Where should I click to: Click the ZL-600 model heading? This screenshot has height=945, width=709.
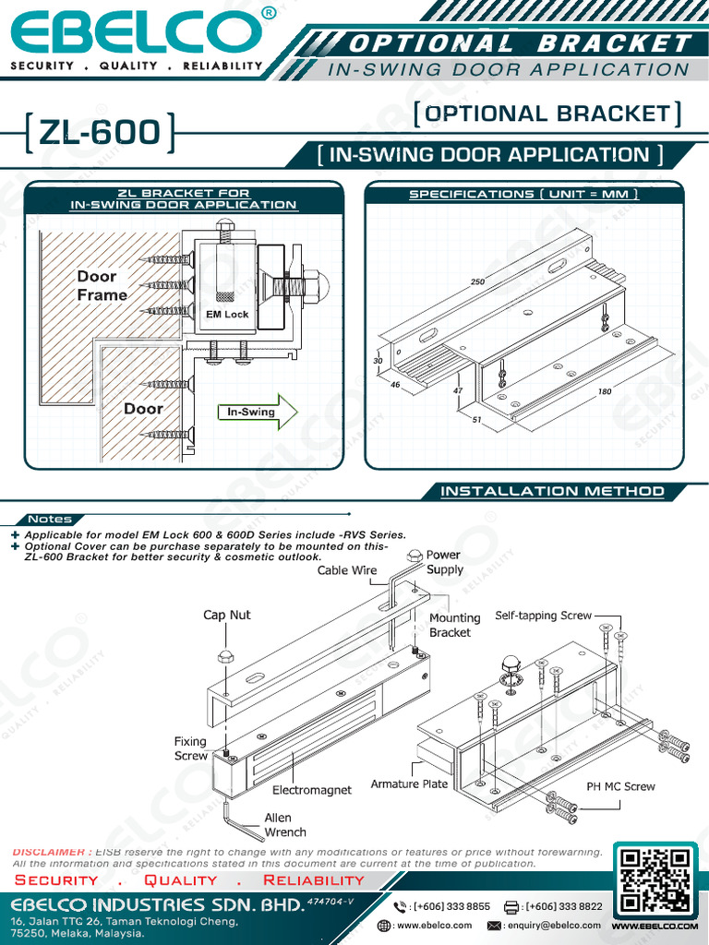coord(99,133)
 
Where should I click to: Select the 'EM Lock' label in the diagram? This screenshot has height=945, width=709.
coord(227,315)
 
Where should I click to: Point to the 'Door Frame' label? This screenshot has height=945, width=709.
coord(102,285)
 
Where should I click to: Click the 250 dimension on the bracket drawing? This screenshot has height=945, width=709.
coord(477,281)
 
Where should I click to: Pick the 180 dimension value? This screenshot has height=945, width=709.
coord(605,391)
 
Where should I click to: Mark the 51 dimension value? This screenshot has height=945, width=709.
coord(476,420)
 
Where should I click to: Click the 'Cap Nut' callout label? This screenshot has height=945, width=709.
coord(226,615)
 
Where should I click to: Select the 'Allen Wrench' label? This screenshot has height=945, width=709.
coord(278,825)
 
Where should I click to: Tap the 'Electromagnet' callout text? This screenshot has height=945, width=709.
coord(312,790)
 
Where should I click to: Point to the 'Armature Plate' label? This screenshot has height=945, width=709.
coord(409,784)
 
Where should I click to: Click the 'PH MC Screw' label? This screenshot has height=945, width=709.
coord(620,786)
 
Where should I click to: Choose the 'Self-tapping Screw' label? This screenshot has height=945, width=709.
coord(543,615)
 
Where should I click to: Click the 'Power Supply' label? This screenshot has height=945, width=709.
coord(444,562)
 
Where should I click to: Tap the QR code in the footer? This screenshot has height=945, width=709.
coord(655,878)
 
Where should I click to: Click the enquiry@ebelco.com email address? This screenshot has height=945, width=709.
coord(553,925)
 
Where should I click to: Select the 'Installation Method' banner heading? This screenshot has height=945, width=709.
coord(552,491)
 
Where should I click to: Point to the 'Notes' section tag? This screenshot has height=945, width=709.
coord(50,519)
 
